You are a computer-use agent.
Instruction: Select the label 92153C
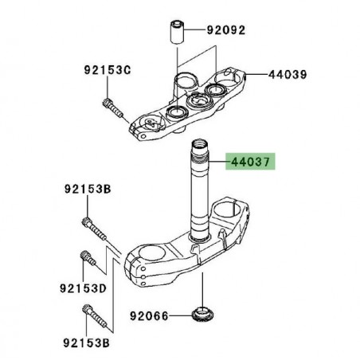click(106, 69)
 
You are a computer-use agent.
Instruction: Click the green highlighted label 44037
click(251, 161)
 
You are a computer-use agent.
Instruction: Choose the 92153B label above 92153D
click(87, 190)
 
